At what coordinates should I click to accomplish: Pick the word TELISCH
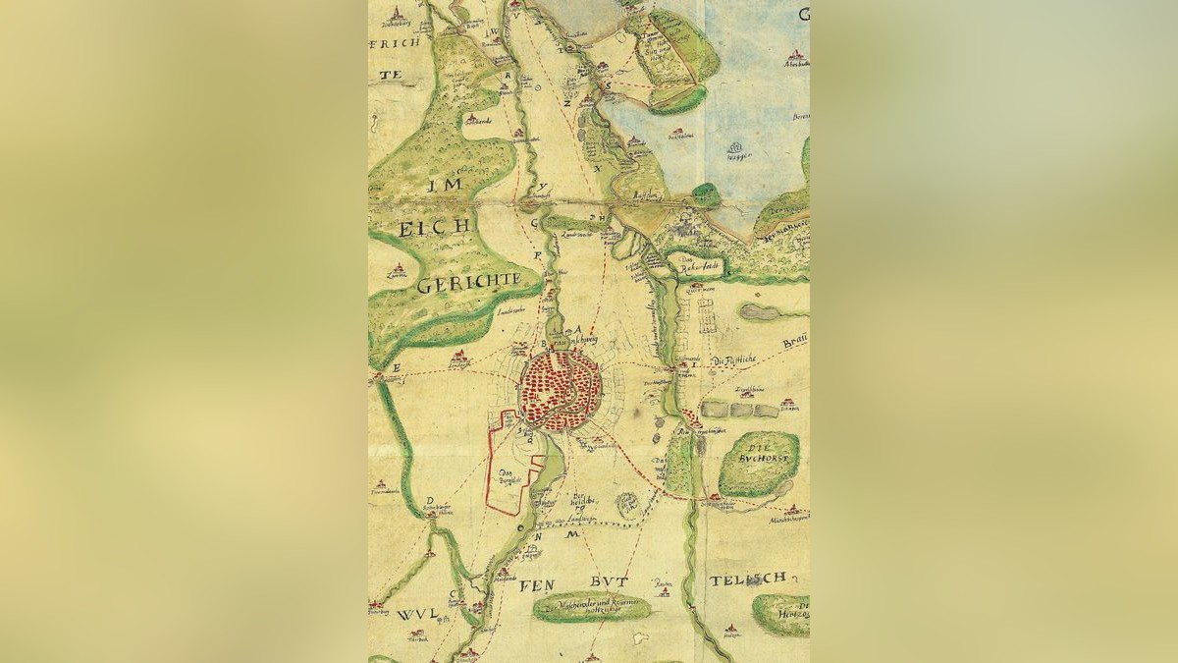coord(748,580)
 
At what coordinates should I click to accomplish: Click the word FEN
coord(537,584)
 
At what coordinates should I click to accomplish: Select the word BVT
coord(610,581)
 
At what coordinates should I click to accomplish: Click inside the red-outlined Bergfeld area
coord(510,471)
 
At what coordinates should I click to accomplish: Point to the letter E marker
coord(398,367)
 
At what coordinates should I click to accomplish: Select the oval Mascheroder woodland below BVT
coord(592,608)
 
